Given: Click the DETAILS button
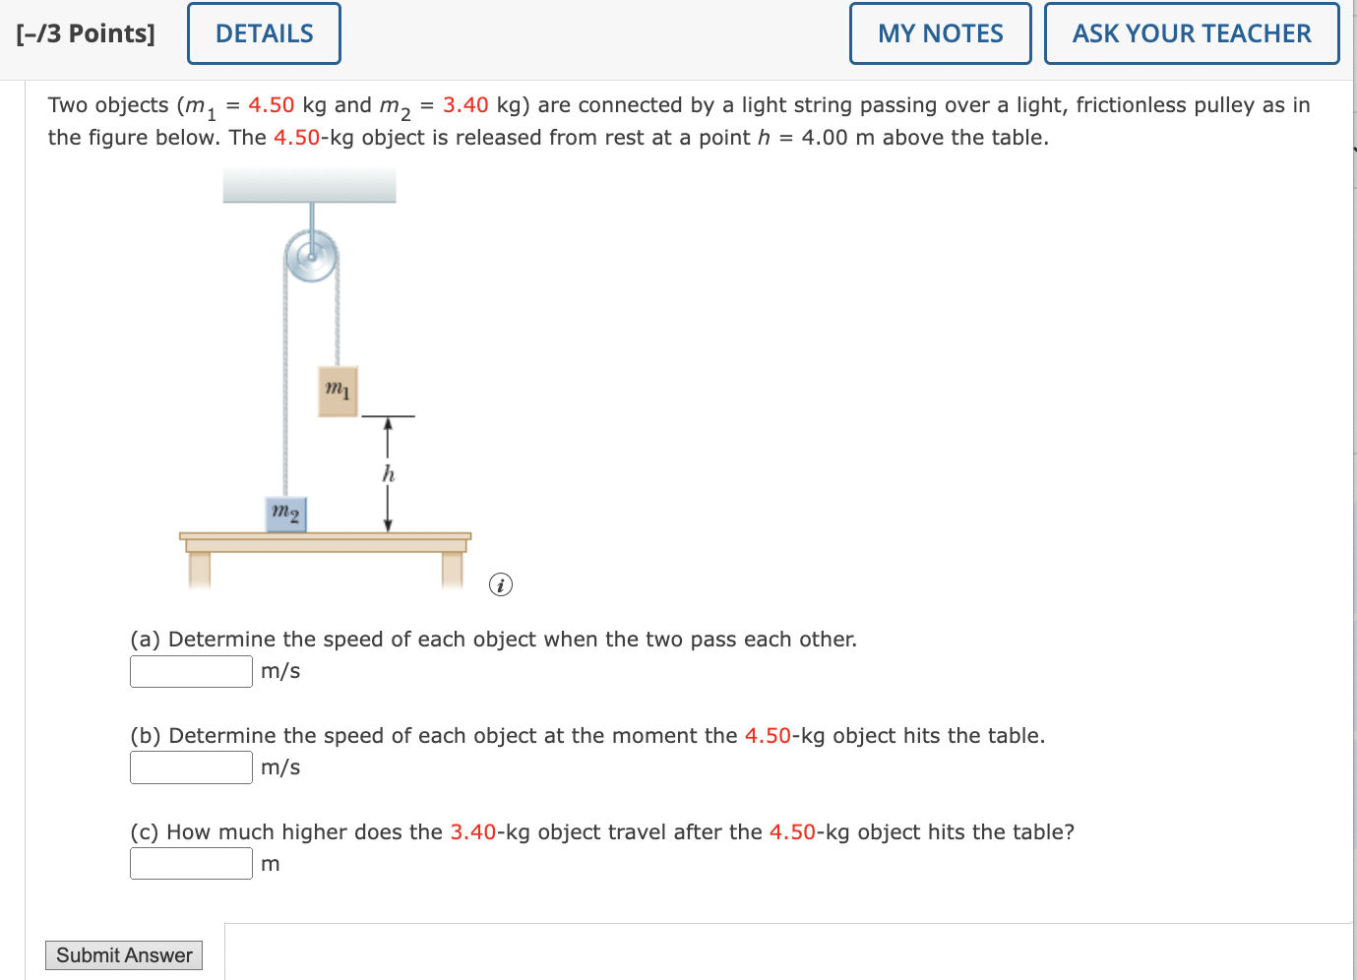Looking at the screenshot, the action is (x=264, y=33).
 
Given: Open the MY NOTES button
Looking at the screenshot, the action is (x=940, y=33).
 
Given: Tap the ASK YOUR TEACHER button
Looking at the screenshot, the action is (x=1192, y=33).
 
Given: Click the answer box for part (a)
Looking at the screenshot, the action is (x=192, y=671).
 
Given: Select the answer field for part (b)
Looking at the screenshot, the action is (x=192, y=767).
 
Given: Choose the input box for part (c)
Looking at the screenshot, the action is (x=192, y=863).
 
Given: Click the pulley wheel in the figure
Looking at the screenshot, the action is (x=311, y=256).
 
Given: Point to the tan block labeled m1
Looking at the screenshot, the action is (x=339, y=392).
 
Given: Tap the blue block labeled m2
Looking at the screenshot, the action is (x=286, y=515).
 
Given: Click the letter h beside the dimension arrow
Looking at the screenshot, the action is (x=389, y=473).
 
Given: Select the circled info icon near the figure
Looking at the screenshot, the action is (x=501, y=584).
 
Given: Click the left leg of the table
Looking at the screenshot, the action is (x=200, y=570).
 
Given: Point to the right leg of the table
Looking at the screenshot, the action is (x=452, y=570).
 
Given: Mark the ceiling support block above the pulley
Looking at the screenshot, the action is (x=310, y=185).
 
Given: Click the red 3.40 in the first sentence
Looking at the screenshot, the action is (x=465, y=104).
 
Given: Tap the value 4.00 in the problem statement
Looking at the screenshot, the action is (x=825, y=138).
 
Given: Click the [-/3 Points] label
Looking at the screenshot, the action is (x=86, y=33).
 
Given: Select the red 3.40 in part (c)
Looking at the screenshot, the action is (x=473, y=831).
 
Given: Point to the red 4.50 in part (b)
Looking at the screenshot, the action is (x=768, y=735).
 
